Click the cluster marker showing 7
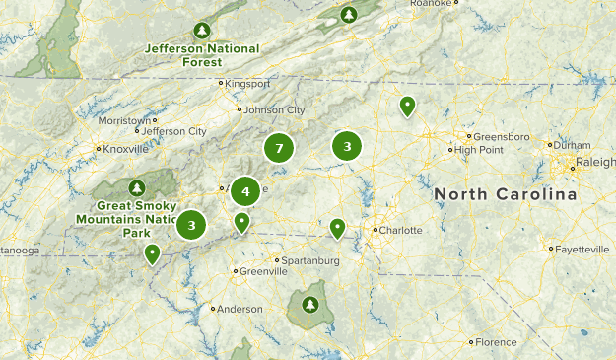pos(280,149)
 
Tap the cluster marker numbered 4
pos(245,191)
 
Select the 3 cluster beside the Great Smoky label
pos(191,225)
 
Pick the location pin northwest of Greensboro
pos(407,106)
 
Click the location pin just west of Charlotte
pos(337,229)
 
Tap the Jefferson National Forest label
pos(202,53)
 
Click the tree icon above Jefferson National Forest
pos(203,30)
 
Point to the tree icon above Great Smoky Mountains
pos(137,187)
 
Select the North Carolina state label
pos(506,195)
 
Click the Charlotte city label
pos(399,230)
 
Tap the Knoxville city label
pos(125,149)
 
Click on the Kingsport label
pos(246,84)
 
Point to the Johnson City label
pos(273,109)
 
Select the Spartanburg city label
pos(308,260)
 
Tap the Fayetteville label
pos(582,250)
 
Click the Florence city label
pos(495,342)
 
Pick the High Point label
pos(480,150)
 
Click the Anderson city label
pos(240,309)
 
